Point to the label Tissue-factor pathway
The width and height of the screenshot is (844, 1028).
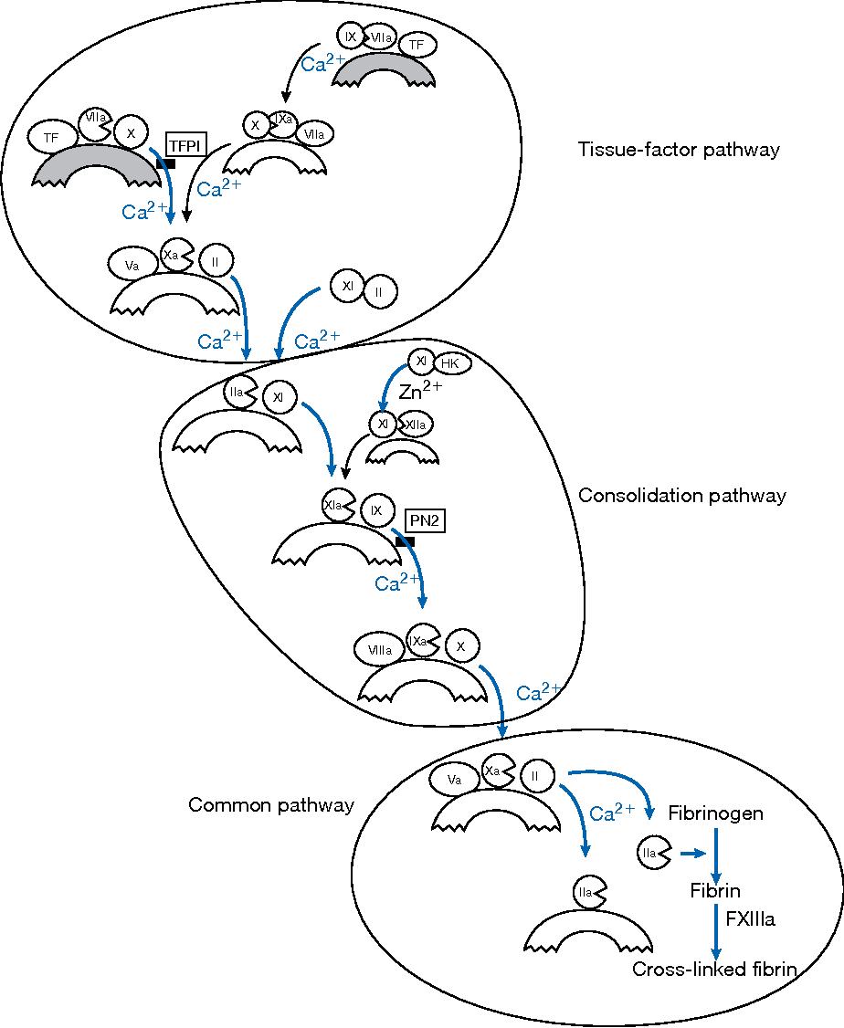coord(679,150)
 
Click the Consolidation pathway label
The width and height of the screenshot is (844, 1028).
coord(681,496)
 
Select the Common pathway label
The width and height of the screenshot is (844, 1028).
coord(270,805)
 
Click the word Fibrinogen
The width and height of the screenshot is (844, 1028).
coord(715,813)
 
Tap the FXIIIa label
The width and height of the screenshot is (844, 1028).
coord(750,919)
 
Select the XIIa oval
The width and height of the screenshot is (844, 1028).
coord(416,425)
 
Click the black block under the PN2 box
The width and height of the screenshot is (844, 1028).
coord(405,541)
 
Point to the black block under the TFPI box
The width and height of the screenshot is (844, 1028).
coord(165,163)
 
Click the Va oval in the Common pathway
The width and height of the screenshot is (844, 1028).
coord(454,780)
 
